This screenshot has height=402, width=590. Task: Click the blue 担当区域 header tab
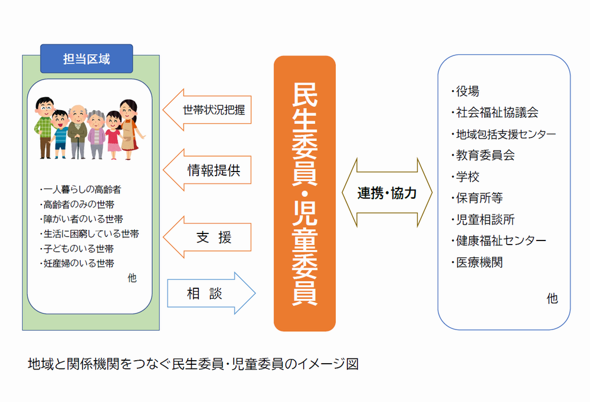pos(86,58)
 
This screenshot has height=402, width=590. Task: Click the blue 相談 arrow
pos(209,294)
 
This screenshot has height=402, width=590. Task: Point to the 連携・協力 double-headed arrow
pos(387,193)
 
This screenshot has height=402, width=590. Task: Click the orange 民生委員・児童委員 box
pos(304,193)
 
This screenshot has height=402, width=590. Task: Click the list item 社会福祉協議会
pos(496,113)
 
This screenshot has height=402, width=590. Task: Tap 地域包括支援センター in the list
pos(505,134)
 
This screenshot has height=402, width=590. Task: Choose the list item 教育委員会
pos(485,156)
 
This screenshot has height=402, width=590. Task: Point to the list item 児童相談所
pos(485,219)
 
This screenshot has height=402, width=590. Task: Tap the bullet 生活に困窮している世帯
pos(91,234)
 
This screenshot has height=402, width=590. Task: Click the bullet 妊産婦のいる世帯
pos(79,263)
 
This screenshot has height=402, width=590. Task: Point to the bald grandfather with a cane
pos(76,129)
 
